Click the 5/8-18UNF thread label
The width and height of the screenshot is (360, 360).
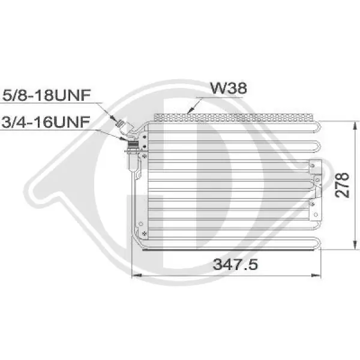46,95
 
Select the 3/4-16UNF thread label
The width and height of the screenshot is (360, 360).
46,122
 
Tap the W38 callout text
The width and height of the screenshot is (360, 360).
229,88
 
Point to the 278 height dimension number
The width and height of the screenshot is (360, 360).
341,185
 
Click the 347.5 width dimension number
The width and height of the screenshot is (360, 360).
235,264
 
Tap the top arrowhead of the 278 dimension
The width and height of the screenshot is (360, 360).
355,126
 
